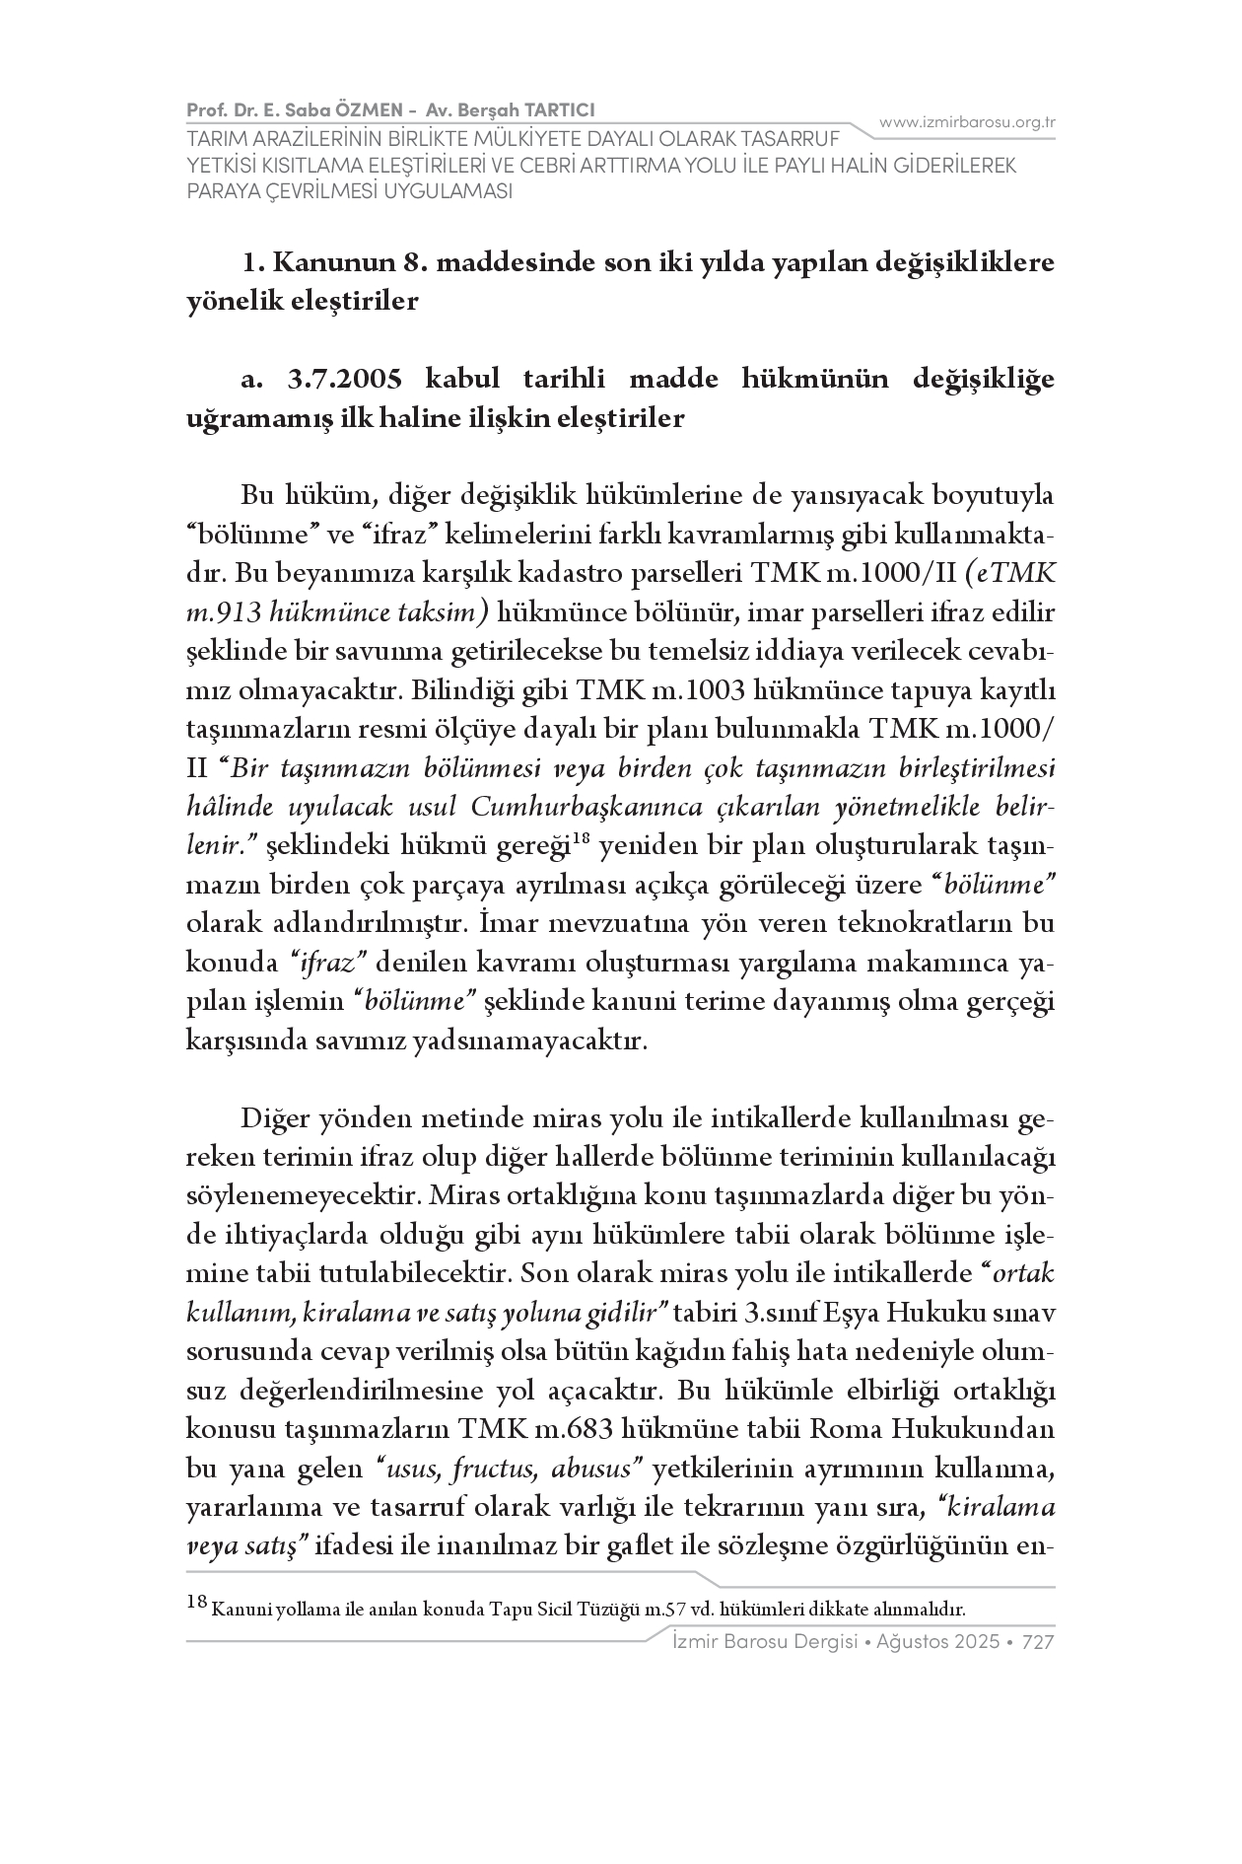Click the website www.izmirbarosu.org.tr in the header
point(967,122)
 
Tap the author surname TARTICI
point(556,109)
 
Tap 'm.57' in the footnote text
point(665,1610)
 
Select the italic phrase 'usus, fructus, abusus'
point(509,1469)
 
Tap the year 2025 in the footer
point(977,1642)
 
